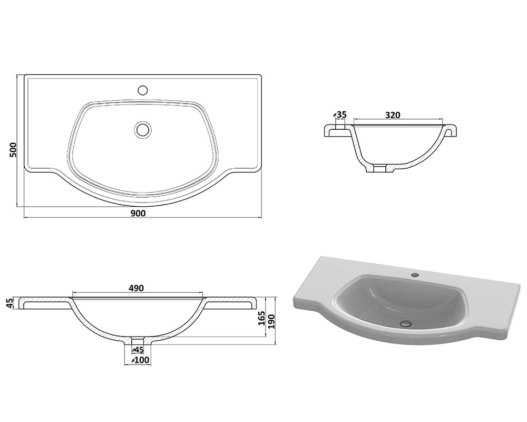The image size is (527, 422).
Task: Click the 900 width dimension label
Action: click(x=138, y=213)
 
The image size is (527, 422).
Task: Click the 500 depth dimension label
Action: click(x=13, y=149)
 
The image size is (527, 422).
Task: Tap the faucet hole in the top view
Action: click(x=143, y=90)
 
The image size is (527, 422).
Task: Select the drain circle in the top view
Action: click(x=143, y=129)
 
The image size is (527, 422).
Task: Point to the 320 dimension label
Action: click(x=393, y=115)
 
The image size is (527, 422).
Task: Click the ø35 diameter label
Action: click(x=339, y=114)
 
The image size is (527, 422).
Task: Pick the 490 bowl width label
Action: click(x=136, y=289)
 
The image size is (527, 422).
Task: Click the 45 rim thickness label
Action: click(x=9, y=303)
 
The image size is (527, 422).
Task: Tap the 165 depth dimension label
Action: click(x=262, y=319)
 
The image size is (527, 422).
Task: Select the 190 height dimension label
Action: click(x=271, y=322)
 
